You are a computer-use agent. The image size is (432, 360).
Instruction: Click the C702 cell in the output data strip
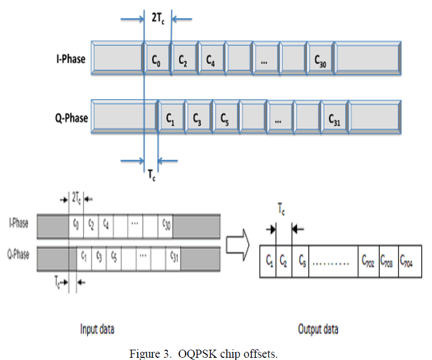[x=368, y=262]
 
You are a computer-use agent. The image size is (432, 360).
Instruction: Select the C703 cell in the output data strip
[x=388, y=262]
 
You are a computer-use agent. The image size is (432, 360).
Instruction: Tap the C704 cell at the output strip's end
[x=408, y=262]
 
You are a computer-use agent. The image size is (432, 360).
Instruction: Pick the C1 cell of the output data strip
[x=269, y=262]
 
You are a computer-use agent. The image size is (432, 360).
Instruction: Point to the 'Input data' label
[x=97, y=329]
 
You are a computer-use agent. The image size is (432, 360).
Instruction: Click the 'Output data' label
[x=318, y=329]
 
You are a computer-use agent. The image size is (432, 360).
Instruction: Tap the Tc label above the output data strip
[x=281, y=208]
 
